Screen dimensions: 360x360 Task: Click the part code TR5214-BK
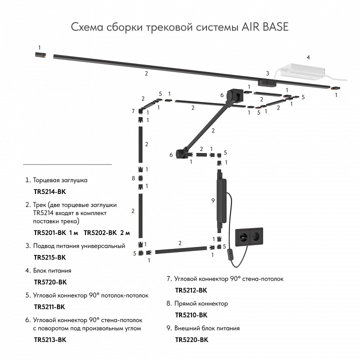pyautogui.click(x=49, y=191)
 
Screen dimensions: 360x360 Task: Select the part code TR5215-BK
pyautogui.click(x=49, y=257)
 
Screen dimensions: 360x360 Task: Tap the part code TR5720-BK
pyautogui.click(x=49, y=282)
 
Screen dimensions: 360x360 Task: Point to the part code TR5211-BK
pyautogui.click(x=49, y=306)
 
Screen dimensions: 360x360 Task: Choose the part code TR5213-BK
pyautogui.click(x=49, y=339)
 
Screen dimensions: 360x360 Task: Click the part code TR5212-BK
pyautogui.click(x=191, y=290)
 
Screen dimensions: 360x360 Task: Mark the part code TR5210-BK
pyautogui.click(x=191, y=315)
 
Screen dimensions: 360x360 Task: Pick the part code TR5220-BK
pyautogui.click(x=191, y=339)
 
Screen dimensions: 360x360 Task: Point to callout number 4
pyautogui.click(x=308, y=57)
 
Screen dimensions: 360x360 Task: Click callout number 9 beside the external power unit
pyautogui.click(x=213, y=200)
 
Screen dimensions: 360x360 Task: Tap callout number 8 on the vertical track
pyautogui.click(x=133, y=178)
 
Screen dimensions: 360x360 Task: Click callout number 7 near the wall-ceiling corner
pyautogui.click(x=133, y=110)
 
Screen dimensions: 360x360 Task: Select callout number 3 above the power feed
pyautogui.click(x=267, y=73)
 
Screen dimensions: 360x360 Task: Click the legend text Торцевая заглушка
pyautogui.click(x=60, y=179)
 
